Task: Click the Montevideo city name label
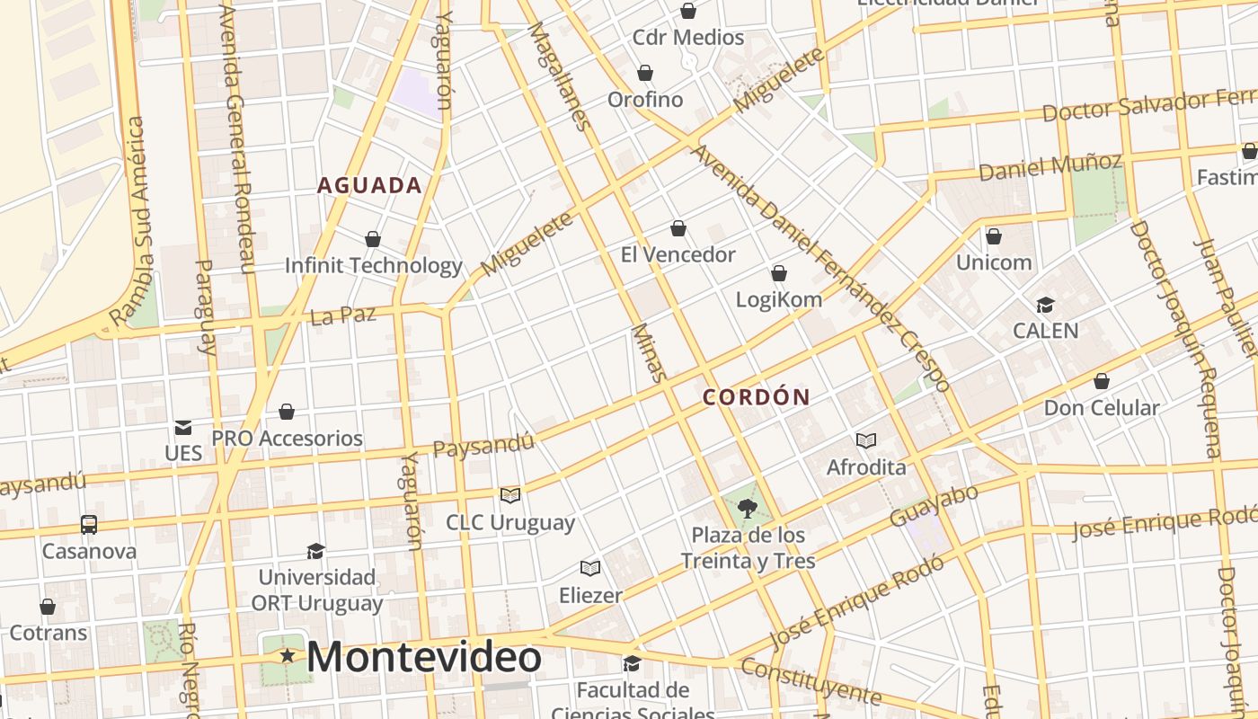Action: pos(424,657)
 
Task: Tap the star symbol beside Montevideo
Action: pos(288,656)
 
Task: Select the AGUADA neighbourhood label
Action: pos(369,186)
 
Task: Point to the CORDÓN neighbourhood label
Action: pos(757,396)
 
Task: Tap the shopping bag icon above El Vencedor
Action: pos(678,229)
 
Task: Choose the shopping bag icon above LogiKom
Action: pos(779,273)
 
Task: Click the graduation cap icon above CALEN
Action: pos(1045,305)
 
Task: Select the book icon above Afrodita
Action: pos(866,440)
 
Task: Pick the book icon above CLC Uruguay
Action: pos(510,495)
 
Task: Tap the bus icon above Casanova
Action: pos(89,524)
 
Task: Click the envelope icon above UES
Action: pos(183,427)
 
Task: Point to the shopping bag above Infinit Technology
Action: pos(373,239)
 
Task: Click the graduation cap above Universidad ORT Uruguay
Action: pos(315,551)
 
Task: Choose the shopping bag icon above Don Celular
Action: pos(1102,381)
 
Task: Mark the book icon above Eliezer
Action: pos(590,568)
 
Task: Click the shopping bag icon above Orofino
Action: pos(645,73)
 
